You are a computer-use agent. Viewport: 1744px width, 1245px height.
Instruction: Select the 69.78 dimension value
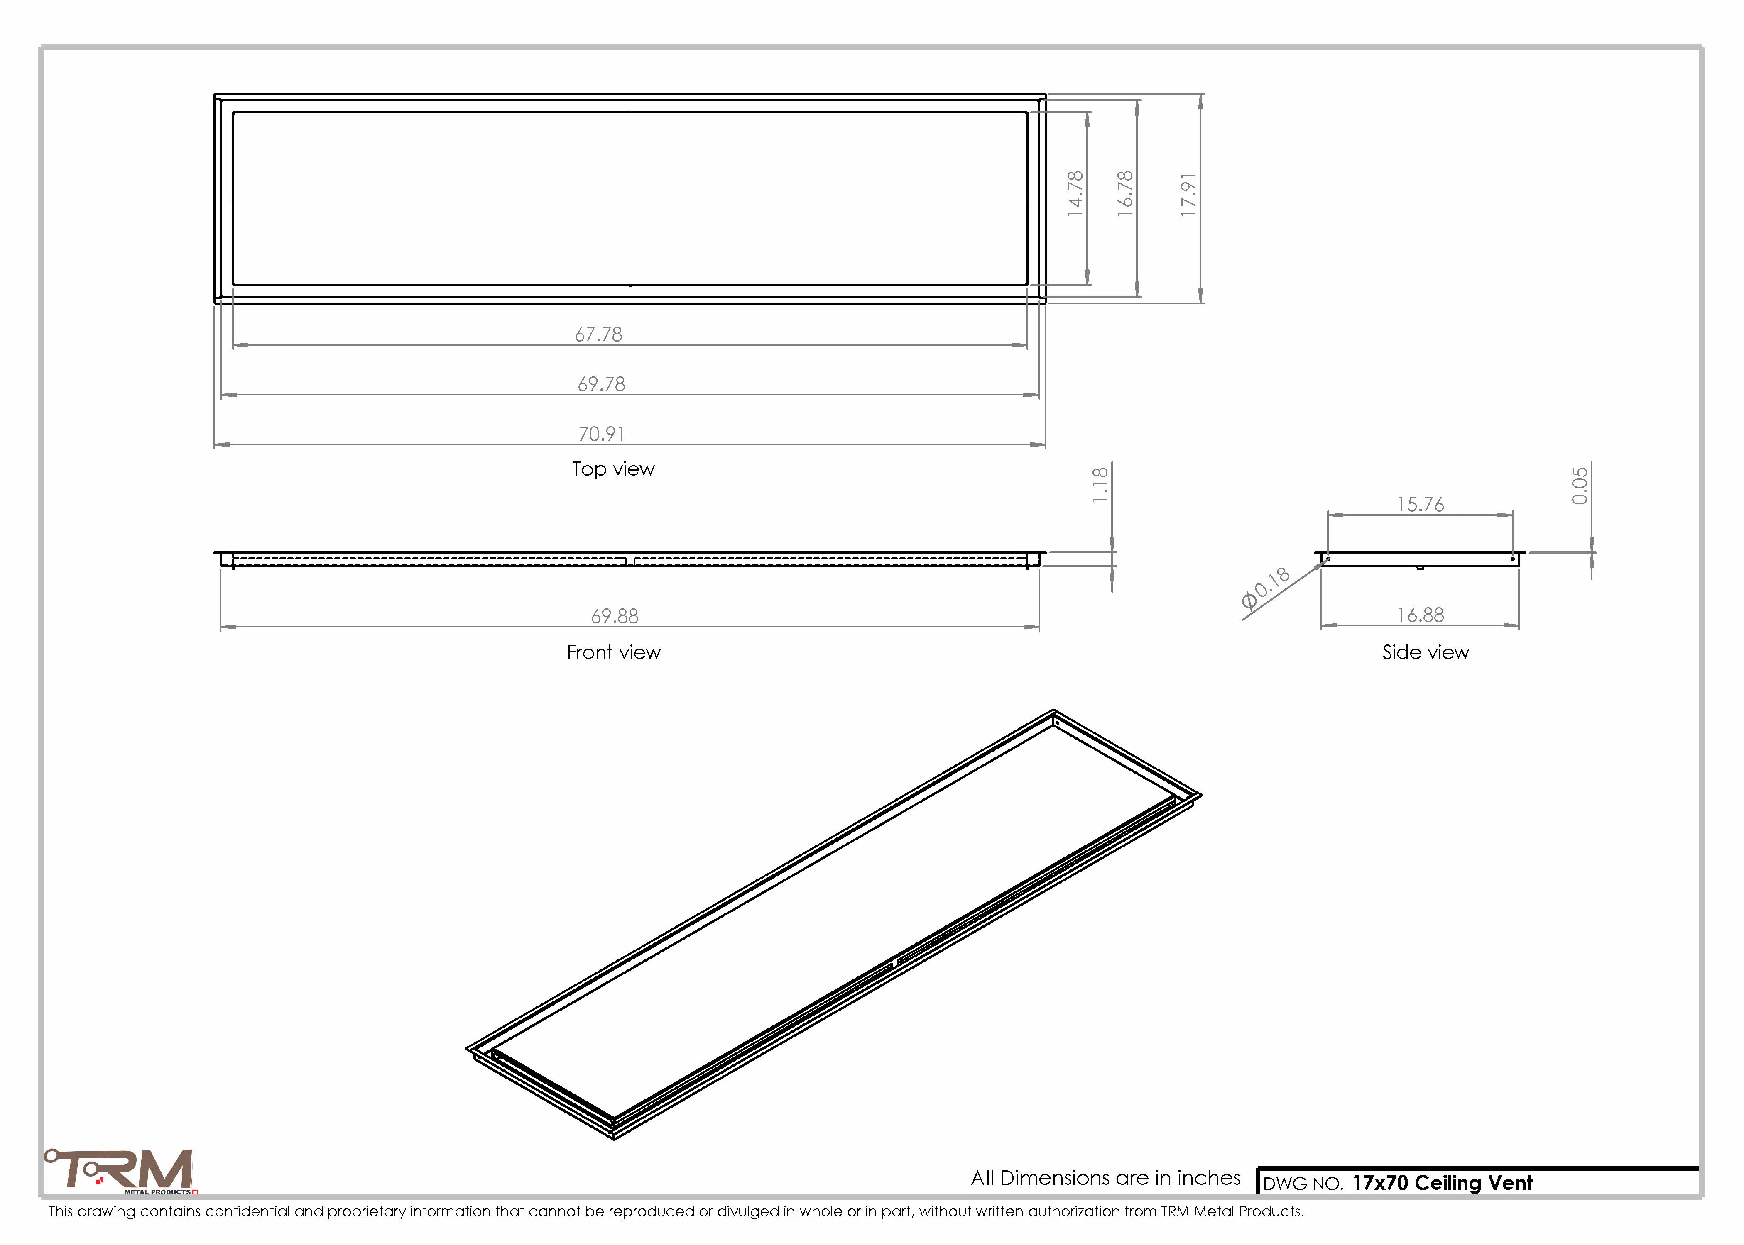point(601,384)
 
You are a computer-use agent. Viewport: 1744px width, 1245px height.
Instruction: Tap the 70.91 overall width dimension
point(601,434)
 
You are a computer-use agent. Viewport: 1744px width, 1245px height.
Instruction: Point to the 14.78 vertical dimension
point(1075,193)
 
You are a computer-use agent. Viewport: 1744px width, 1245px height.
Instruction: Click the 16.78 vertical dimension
point(1125,193)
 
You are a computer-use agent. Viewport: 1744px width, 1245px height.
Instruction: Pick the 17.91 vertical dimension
point(1189,194)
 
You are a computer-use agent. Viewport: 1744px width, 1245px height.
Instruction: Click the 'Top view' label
point(613,469)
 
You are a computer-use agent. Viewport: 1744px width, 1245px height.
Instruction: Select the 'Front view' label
point(614,652)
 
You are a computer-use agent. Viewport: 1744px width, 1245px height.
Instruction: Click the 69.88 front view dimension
point(614,616)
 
